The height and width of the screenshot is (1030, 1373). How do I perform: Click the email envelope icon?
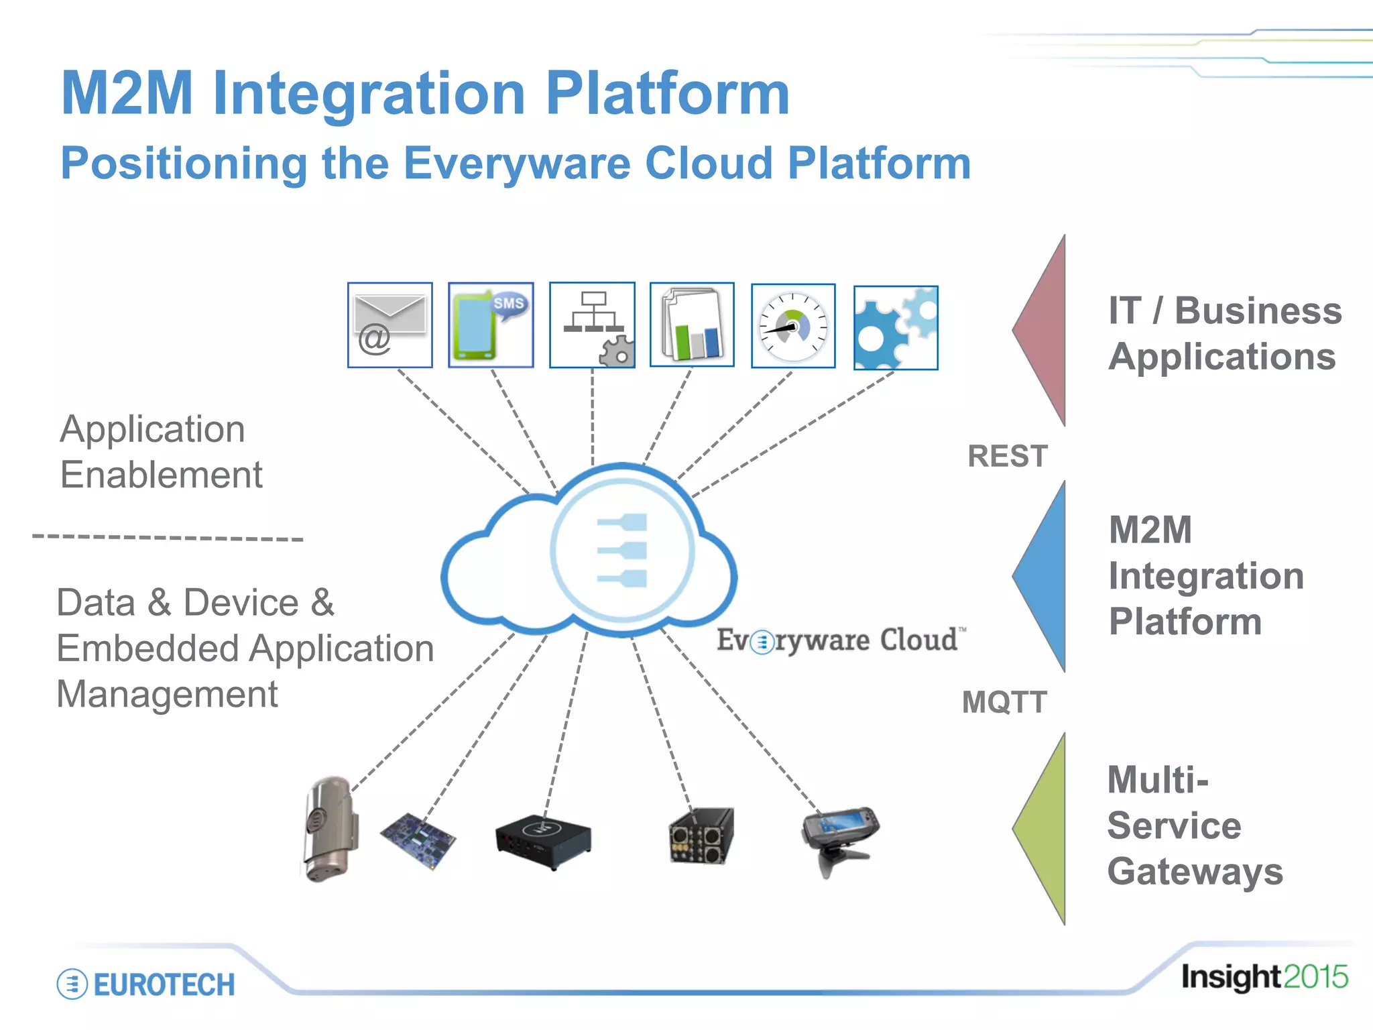point(390,325)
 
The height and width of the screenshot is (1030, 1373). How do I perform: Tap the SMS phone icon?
point(491,325)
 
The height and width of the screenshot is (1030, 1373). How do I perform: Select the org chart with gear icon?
point(592,325)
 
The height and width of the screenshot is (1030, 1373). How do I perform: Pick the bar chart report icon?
point(692,325)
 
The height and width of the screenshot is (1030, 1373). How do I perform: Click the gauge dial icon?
point(793,326)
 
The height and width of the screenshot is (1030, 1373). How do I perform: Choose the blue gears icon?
point(896,328)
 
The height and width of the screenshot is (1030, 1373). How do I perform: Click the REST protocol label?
point(1007,457)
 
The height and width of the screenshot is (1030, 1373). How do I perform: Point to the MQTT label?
point(1004,703)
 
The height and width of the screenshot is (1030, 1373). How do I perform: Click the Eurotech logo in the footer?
point(146,984)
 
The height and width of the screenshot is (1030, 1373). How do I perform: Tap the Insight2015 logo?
point(1264,977)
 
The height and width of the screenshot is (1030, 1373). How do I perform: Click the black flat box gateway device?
point(543,841)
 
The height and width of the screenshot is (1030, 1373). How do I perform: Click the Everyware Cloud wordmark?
point(841,640)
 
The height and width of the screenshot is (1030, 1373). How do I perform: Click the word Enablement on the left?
point(161,475)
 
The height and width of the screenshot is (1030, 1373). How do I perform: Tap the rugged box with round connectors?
point(701,836)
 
